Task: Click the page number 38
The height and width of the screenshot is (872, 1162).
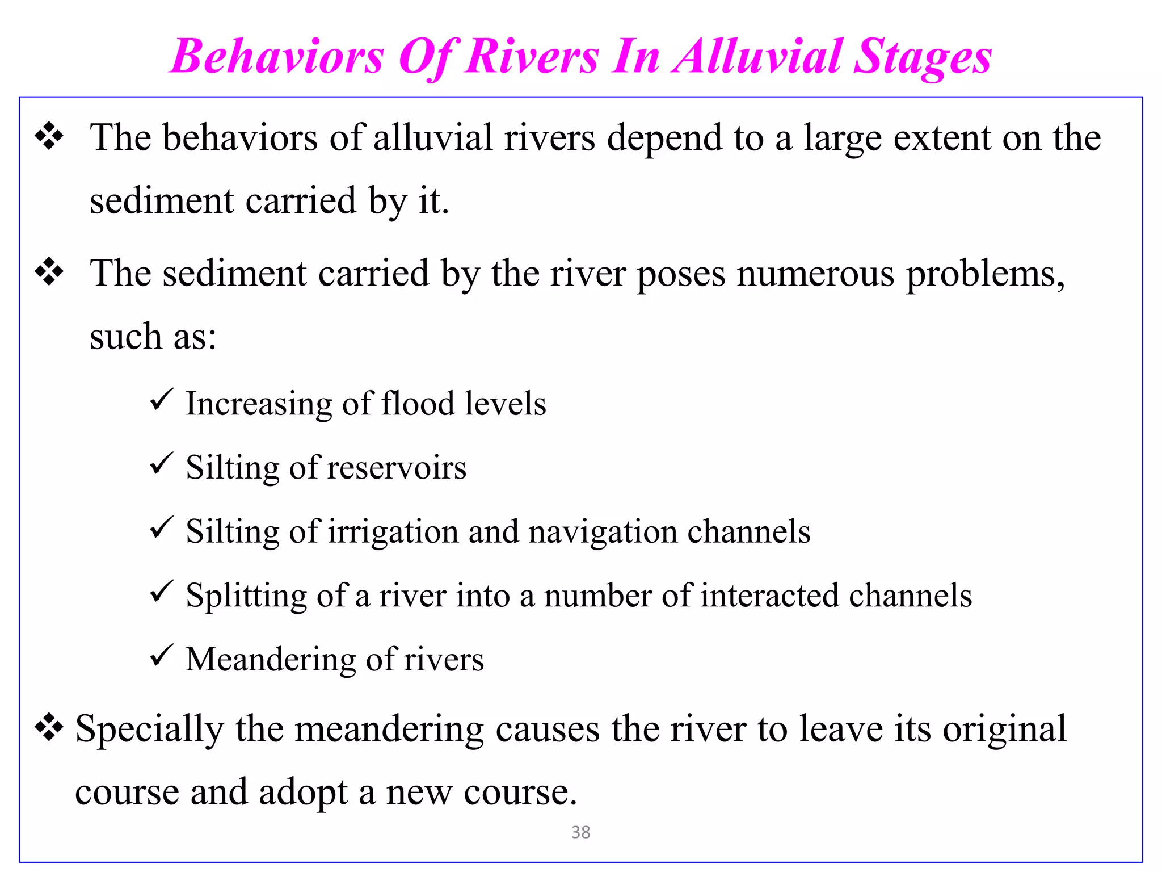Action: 580,832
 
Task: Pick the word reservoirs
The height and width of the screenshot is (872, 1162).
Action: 397,468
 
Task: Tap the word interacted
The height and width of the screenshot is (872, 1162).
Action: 769,596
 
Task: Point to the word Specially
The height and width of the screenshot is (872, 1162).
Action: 150,730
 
